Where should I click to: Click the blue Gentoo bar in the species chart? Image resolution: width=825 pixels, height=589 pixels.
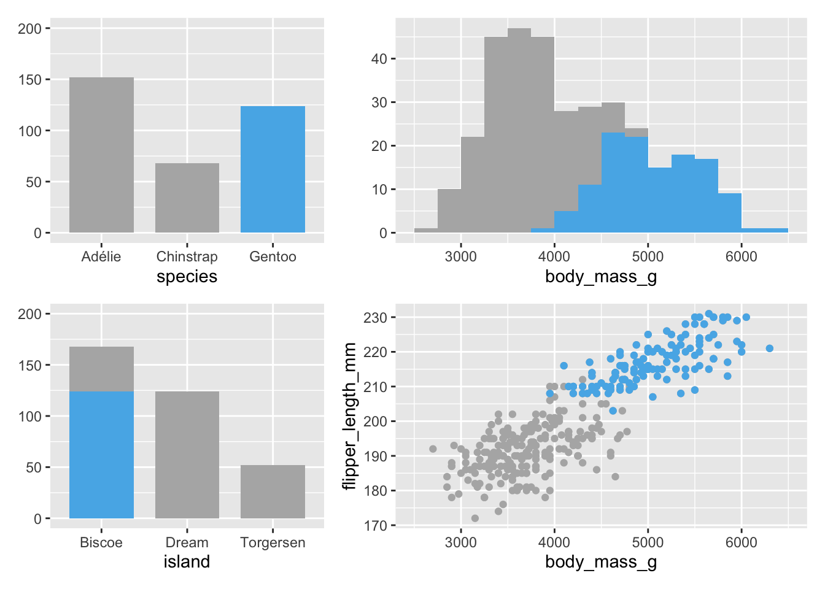[273, 169]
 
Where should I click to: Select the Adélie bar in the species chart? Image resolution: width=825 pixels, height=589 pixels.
[101, 155]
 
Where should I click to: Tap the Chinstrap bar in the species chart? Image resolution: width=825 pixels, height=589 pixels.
[187, 198]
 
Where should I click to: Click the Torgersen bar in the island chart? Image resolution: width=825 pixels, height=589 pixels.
[273, 491]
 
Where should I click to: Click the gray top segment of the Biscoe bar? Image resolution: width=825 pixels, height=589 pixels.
[101, 369]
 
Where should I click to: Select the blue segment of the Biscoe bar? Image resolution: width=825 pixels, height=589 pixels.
[101, 455]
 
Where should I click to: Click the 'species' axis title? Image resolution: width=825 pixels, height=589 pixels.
[187, 277]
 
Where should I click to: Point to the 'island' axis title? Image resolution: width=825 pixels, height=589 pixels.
[187, 562]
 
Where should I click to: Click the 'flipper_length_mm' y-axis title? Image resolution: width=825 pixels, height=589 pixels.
[349, 416]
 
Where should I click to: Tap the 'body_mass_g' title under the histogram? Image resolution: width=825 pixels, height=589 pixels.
[601, 277]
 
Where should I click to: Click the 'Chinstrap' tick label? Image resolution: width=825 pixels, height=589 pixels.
[187, 256]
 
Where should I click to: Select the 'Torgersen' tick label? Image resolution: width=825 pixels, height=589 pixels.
[273, 542]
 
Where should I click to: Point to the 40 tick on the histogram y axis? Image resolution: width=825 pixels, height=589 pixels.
[379, 59]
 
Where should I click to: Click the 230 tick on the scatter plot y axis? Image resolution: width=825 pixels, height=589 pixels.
[375, 318]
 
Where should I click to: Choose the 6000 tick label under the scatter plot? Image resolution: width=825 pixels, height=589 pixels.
[741, 542]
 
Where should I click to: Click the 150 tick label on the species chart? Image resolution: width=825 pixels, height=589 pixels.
[29, 80]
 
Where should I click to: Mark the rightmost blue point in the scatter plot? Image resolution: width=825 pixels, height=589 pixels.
[769, 348]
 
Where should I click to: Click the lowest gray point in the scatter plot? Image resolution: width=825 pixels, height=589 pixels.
[474, 518]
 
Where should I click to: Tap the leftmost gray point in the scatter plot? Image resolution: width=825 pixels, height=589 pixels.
[433, 449]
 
